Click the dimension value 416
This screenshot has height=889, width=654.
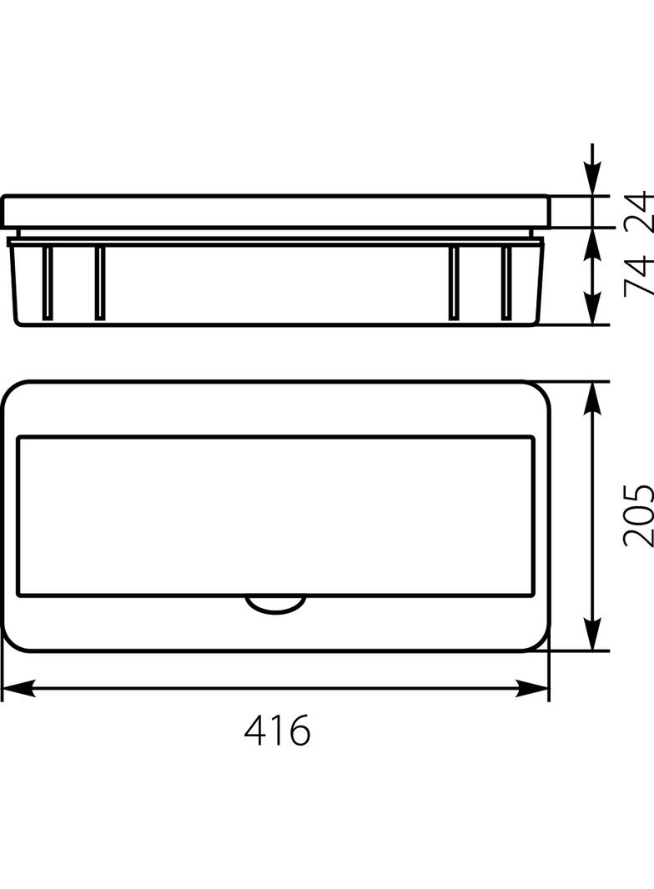pos(278,731)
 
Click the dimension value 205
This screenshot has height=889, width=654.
pos(639,515)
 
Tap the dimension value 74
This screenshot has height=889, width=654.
pos(639,276)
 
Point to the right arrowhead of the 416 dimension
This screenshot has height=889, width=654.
pos(532,688)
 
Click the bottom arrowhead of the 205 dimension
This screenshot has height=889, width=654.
pos(593,634)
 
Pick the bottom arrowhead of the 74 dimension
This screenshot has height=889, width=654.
pos(593,309)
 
